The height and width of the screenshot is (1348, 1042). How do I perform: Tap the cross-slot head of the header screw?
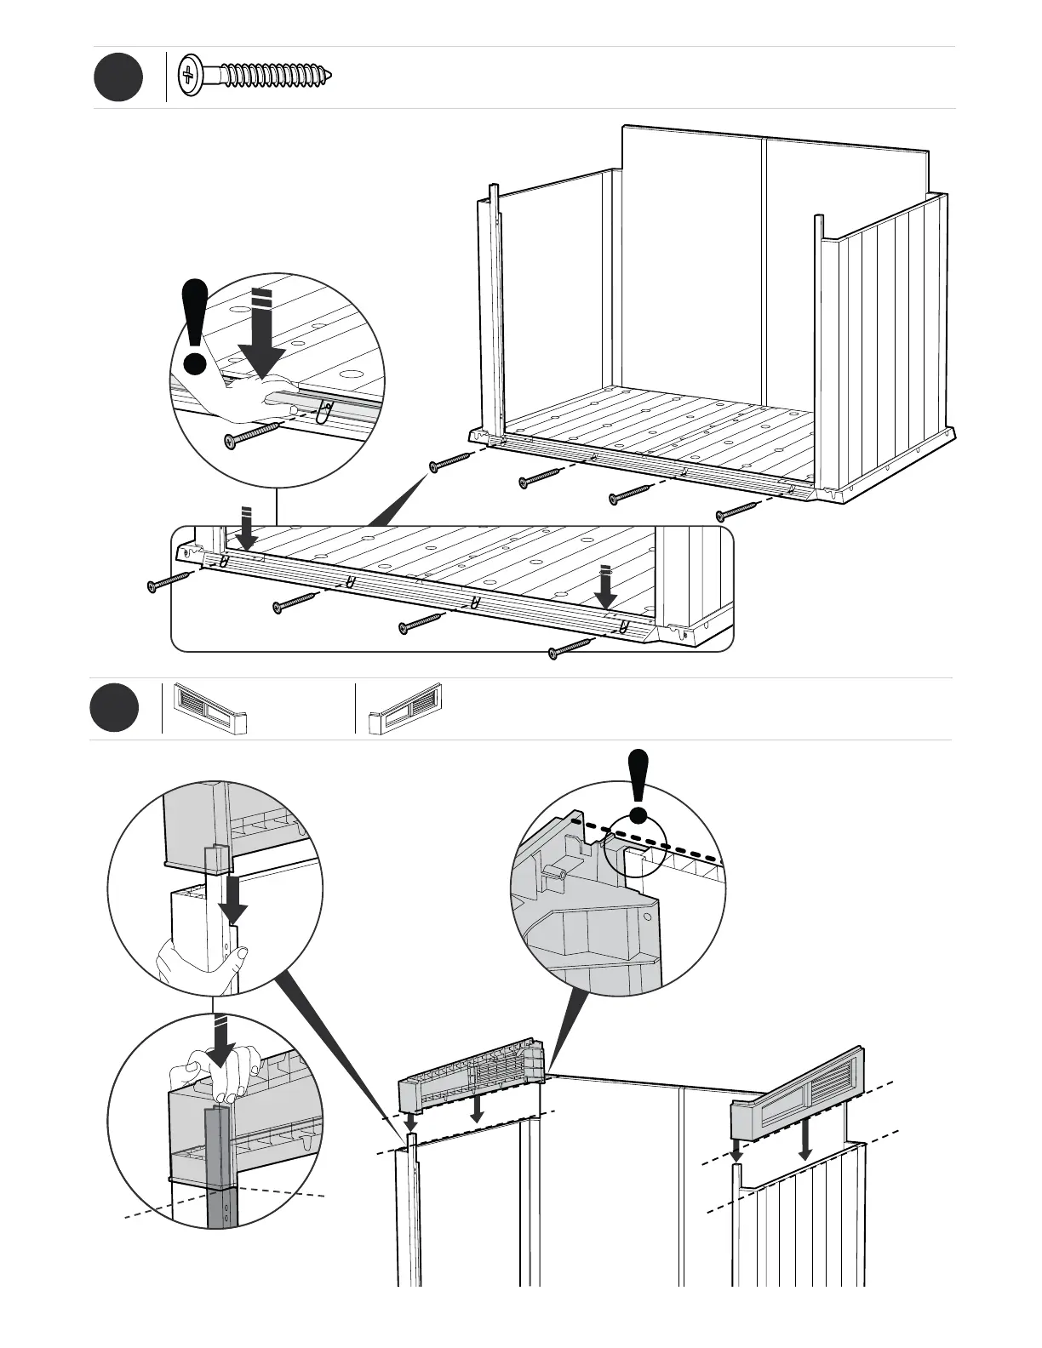(189, 77)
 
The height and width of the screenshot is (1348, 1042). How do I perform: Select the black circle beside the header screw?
(117, 77)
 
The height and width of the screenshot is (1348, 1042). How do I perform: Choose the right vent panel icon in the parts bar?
(405, 708)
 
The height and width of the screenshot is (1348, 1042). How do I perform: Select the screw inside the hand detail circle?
(251, 435)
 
